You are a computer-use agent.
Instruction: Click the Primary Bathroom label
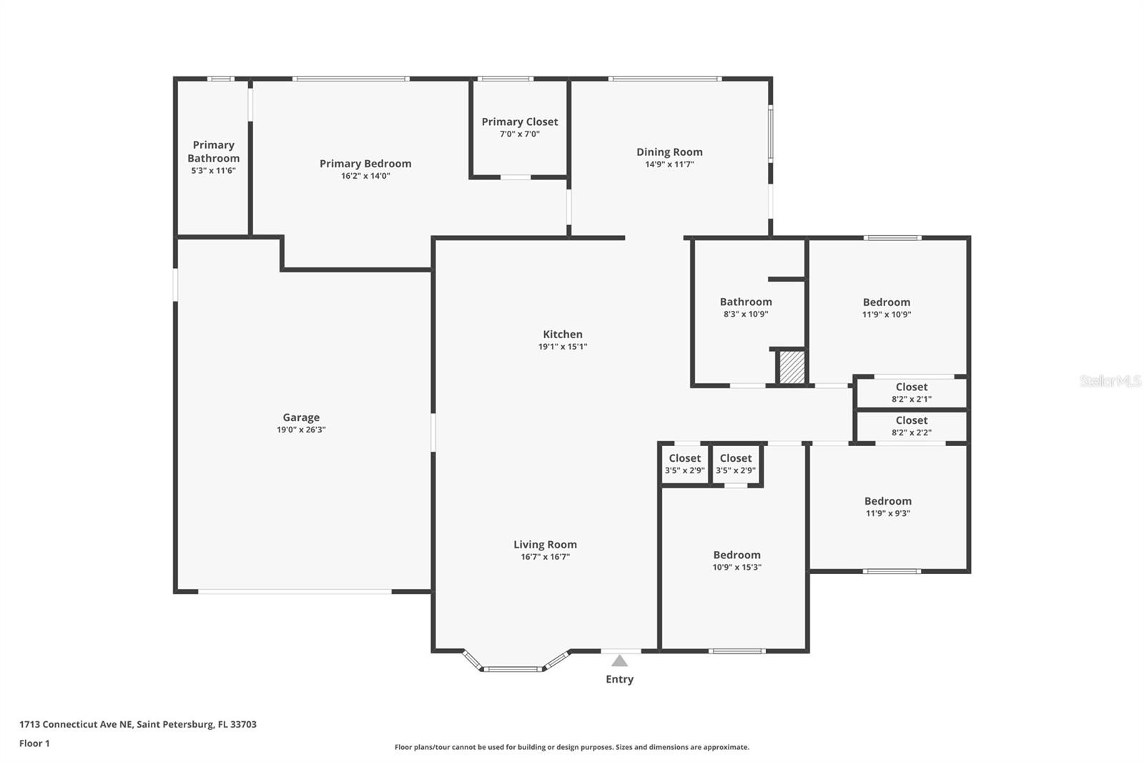click(213, 152)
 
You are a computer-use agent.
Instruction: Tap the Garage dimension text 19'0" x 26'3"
click(301, 430)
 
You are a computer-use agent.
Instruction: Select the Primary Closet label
click(519, 122)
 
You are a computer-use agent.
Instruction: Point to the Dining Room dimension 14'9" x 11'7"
click(669, 164)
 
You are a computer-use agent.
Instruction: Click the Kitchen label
click(563, 334)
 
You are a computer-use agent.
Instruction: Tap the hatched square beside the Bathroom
click(792, 367)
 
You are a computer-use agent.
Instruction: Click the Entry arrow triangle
click(620, 661)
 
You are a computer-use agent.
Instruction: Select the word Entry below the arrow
click(619, 679)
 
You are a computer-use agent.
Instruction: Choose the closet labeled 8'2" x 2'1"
click(911, 392)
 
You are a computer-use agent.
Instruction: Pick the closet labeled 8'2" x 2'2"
click(911, 426)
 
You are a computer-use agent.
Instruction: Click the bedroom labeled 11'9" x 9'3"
click(887, 506)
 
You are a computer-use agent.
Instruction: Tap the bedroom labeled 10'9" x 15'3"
click(736, 560)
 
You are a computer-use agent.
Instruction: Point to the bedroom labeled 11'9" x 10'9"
click(887, 307)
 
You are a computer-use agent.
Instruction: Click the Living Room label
click(545, 544)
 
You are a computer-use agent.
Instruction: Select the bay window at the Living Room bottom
click(511, 668)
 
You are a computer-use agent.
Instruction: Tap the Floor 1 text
click(34, 743)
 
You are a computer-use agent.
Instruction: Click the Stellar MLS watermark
click(1110, 381)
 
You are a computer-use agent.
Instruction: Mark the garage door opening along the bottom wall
click(295, 591)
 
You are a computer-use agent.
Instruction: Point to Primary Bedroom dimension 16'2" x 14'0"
click(365, 176)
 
